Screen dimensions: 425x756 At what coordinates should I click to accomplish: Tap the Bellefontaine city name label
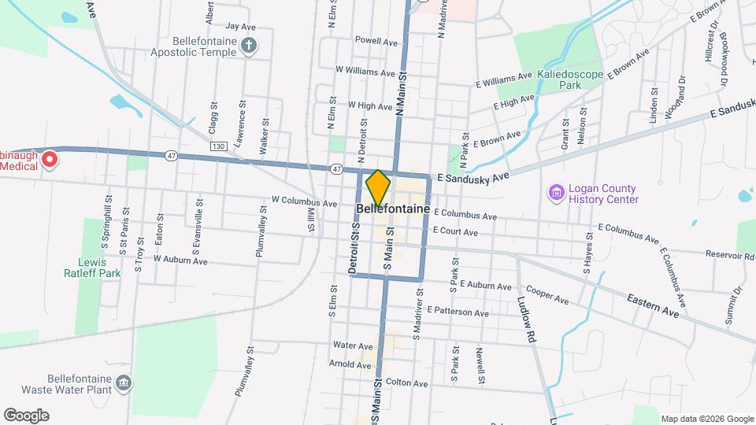pos(393,210)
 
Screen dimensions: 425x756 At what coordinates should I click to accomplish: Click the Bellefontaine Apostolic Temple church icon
pos(249,45)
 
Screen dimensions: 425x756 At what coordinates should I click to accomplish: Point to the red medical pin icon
pos(49,160)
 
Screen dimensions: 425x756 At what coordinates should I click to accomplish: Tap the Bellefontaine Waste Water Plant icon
pos(123,383)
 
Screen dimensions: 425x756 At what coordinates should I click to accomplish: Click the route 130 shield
pos(218,146)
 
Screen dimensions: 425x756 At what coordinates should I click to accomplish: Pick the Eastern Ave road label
pos(653,306)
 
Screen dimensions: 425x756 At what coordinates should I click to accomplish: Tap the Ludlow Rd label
pos(527,302)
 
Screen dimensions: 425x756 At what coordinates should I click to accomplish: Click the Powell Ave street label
pos(376,41)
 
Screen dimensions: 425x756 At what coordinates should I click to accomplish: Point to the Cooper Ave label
pos(547,295)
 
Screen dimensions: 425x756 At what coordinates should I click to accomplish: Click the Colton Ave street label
pos(406,383)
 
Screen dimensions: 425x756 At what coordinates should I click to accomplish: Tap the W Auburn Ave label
pos(180,259)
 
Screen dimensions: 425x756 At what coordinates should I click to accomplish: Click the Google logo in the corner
pos(26,416)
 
